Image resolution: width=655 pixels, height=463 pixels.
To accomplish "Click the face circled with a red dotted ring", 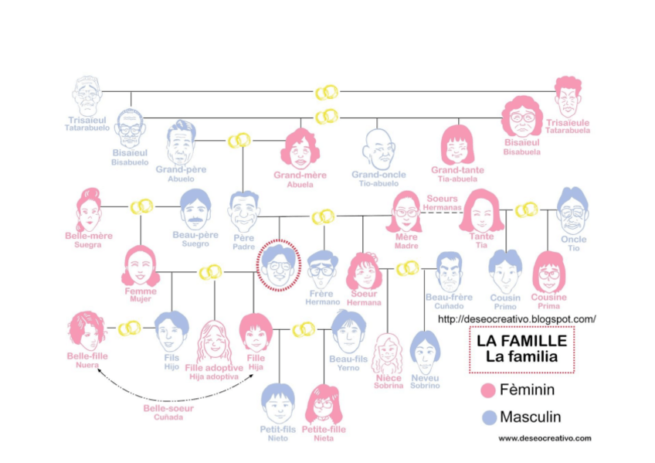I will coord(279,265).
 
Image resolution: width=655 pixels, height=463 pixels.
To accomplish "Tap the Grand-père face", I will coord(181,142).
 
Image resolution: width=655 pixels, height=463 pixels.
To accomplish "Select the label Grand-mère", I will coord(300,175).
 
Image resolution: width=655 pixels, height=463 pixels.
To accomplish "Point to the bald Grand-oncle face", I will coord(378,148).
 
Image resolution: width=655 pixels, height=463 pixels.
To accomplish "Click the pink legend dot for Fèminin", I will coord(487,390).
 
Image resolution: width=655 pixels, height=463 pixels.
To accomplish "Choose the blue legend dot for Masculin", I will coord(487,417).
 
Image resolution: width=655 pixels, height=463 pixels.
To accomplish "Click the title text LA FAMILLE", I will coord(521,340).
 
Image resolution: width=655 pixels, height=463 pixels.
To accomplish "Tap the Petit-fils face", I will coord(278,403).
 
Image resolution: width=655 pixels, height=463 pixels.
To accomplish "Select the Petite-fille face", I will coord(323,403).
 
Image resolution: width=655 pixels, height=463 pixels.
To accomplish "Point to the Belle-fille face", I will coord(87,330).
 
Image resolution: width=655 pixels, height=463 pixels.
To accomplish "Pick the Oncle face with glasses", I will coord(572,210).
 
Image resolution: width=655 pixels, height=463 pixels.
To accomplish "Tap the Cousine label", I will coord(549,298).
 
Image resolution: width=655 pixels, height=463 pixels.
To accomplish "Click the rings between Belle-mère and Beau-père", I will coord(141,206).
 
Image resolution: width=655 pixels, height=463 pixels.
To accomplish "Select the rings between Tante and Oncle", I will coord(526,209).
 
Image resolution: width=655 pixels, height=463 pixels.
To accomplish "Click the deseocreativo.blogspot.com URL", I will coord(517,318).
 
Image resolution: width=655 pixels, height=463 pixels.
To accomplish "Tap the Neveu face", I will coord(424,352).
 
